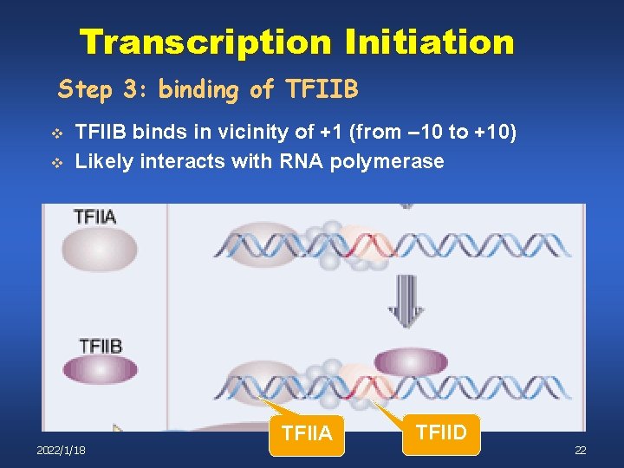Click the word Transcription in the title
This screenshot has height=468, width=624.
coord(205,42)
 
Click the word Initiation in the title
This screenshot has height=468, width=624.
coord(429,42)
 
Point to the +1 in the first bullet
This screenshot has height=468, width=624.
coord(334,133)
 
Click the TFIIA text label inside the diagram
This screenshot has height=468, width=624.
coord(95,218)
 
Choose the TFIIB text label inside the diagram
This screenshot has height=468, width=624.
coord(101,345)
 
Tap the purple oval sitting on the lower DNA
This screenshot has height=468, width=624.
coord(410,361)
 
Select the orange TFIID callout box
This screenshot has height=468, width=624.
coord(441,431)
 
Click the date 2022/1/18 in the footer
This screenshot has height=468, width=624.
coord(62,451)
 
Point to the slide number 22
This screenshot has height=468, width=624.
coord(580,451)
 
